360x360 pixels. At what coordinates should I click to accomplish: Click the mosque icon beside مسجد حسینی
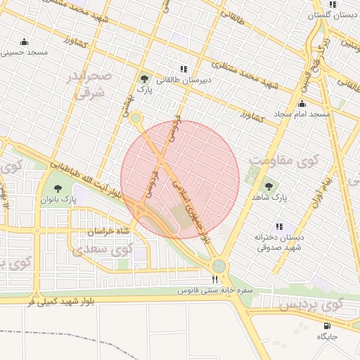pos(25,41)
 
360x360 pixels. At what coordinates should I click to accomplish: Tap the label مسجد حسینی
pos(25,52)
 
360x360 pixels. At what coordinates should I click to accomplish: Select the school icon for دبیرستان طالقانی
pos(184,69)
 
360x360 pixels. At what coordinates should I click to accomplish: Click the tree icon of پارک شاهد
pos(268,186)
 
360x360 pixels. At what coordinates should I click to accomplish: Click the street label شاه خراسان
pos(109,231)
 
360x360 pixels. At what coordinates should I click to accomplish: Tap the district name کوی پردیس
pos(310,306)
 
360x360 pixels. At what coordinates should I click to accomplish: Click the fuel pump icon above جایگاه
pos(327,326)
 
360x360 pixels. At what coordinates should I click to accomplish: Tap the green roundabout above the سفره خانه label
pos(219,266)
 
